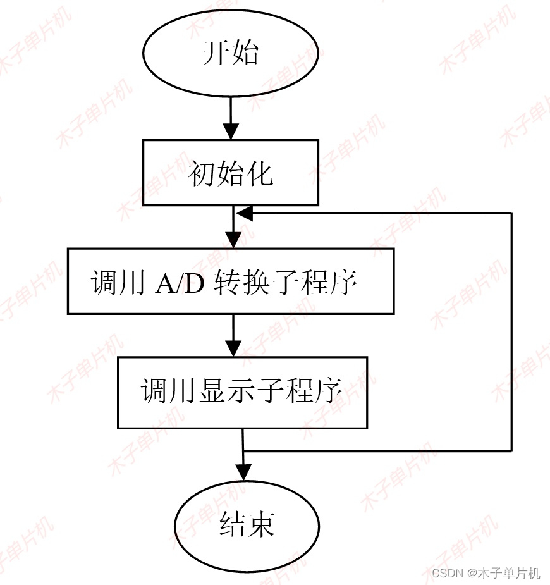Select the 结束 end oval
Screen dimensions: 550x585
click(247, 526)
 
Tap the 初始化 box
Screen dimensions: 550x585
click(230, 172)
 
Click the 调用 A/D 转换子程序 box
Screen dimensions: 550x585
click(230, 281)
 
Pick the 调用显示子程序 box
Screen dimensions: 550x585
click(242, 392)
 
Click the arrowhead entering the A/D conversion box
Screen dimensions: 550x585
click(233, 240)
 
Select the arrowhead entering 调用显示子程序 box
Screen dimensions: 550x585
click(233, 348)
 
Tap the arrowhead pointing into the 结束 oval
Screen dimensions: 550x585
click(243, 472)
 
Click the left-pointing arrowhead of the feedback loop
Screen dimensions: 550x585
click(245, 214)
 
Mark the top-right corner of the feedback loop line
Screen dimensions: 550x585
click(511, 214)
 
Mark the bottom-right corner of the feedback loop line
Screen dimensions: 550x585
click(511, 450)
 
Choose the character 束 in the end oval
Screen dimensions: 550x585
click(261, 526)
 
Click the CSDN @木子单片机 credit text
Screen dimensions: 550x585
click(486, 573)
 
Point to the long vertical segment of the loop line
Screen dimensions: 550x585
click(511, 332)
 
